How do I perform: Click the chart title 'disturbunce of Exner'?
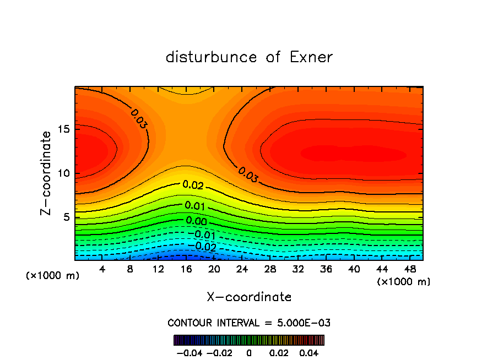tap(249, 57)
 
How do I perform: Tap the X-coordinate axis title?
tap(249, 297)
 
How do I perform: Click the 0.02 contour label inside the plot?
tap(193, 186)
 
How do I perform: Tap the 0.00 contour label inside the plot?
tap(196, 221)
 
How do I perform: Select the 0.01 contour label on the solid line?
tap(195, 206)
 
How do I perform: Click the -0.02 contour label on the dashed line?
tap(204, 247)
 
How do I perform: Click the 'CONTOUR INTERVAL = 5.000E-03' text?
tap(249, 323)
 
